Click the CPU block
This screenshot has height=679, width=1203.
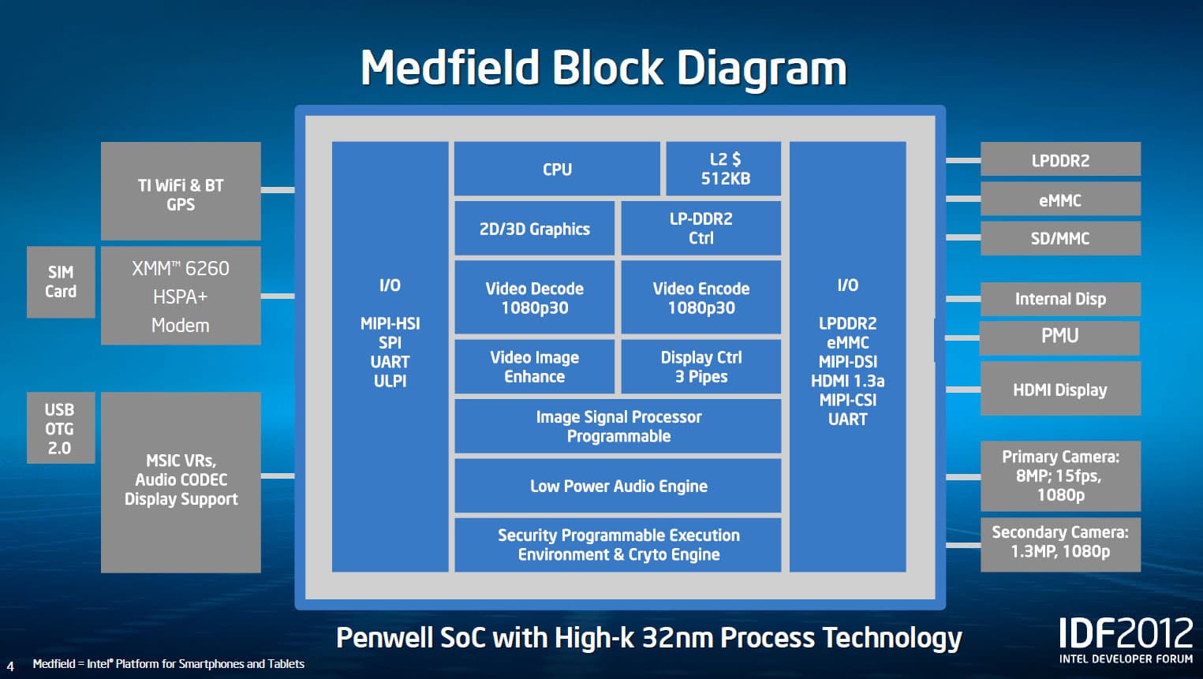pyautogui.click(x=557, y=169)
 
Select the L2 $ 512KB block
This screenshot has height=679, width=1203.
pyautogui.click(x=723, y=169)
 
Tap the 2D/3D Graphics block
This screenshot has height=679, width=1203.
pyautogui.click(x=534, y=229)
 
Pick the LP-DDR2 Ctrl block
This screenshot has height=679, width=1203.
pyautogui.click(x=701, y=229)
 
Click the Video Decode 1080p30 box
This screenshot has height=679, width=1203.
pyautogui.click(x=534, y=297)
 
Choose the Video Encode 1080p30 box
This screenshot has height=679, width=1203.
pyautogui.click(x=701, y=297)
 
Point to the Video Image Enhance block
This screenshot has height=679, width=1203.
pyautogui.click(x=534, y=367)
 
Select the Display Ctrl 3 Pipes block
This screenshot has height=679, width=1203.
pyautogui.click(x=701, y=367)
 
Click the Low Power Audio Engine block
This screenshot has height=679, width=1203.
pyautogui.click(x=618, y=486)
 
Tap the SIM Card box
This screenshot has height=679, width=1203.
pyautogui.click(x=61, y=282)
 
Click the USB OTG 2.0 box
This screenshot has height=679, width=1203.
pyautogui.click(x=61, y=427)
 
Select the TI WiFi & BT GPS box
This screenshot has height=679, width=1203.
pyautogui.click(x=181, y=191)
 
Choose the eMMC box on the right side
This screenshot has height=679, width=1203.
pyautogui.click(x=1061, y=199)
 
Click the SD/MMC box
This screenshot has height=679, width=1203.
pyautogui.click(x=1061, y=238)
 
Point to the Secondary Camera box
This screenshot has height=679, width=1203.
pyautogui.click(x=1061, y=544)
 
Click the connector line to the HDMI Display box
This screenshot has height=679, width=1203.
pyautogui.click(x=963, y=389)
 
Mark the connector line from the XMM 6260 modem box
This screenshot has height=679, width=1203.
pyautogui.click(x=278, y=296)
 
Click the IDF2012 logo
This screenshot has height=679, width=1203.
pyautogui.click(x=1126, y=640)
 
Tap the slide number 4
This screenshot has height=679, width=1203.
pyautogui.click(x=10, y=666)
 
